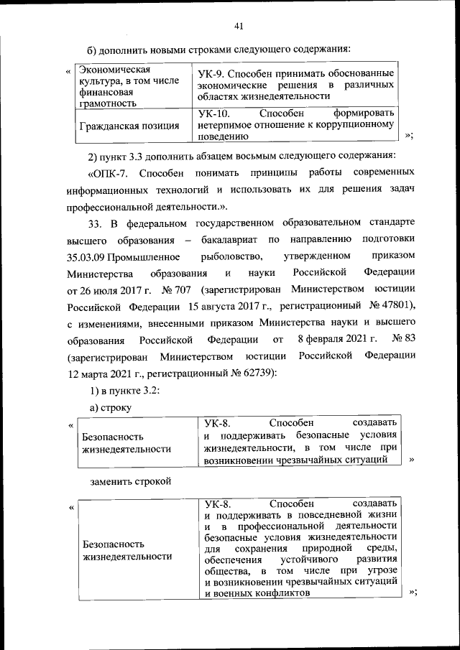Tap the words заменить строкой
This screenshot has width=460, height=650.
130,480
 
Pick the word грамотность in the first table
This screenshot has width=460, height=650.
108,102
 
